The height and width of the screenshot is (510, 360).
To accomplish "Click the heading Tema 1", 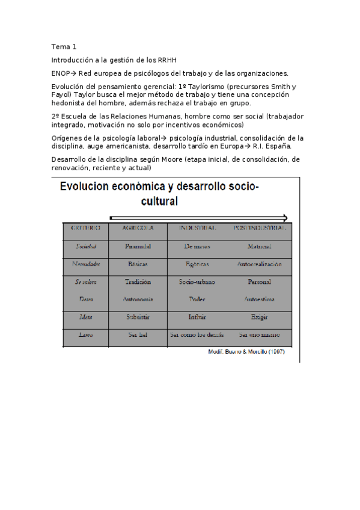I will coord(64,47).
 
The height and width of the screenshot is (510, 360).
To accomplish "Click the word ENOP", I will coord(61,73).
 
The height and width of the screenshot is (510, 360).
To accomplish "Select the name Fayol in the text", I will coord(61,94).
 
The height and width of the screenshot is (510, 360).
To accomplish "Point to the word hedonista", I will coord(70,103).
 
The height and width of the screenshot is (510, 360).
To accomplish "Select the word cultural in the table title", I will coord(159,201).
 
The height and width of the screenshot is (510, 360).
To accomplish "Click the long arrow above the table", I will coord(198,218).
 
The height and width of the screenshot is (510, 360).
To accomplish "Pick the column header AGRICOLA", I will coord(138,229).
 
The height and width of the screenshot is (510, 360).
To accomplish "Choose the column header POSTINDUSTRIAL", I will coord(259,229).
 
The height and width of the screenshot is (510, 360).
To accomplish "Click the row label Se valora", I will coord(86,281).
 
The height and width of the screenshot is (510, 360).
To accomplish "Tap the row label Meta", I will coord(86,317).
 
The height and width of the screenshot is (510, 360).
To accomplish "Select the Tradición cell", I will coord(138,281).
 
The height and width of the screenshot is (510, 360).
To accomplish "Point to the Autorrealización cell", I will coord(259,264).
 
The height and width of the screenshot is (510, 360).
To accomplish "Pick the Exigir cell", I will coord(259,317).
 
